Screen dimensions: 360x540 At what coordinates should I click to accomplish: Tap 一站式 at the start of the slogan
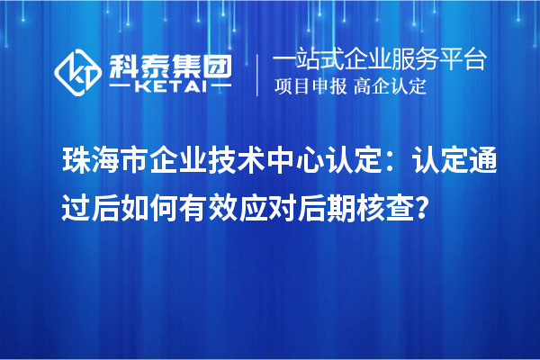[306, 60]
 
